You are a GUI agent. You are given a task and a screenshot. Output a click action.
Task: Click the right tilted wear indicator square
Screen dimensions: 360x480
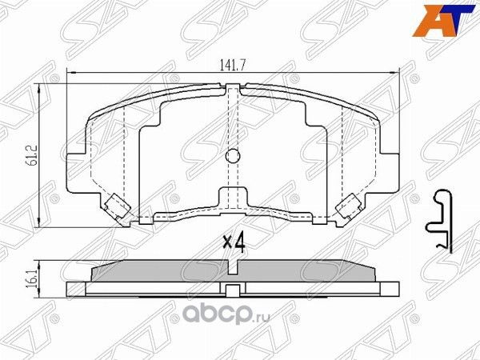[349, 207]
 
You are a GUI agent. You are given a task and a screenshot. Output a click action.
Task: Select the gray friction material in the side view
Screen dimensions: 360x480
[232, 272]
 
